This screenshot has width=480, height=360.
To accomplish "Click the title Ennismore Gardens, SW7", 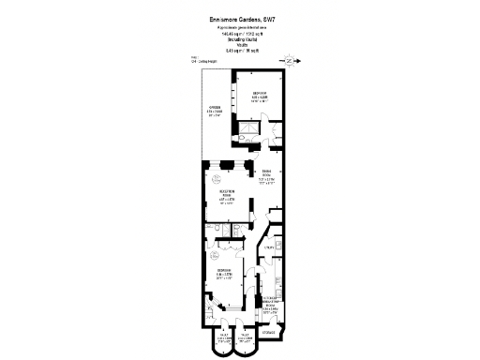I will [239, 16].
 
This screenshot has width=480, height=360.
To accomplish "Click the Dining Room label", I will [266, 174].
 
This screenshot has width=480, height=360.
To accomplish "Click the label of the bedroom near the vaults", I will [225, 277].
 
